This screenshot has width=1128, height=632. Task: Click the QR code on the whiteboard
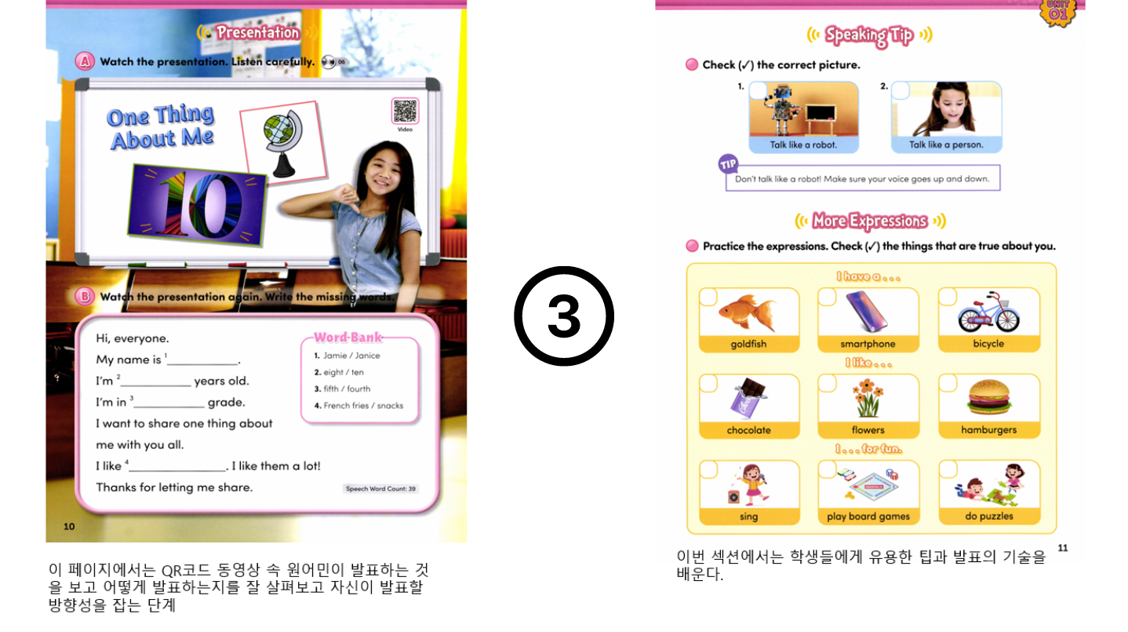click(405, 111)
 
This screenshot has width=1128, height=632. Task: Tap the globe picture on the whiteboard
click(283, 142)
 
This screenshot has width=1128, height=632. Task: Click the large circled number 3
click(564, 316)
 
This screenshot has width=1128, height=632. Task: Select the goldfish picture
click(748, 313)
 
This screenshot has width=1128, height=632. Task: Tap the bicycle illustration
click(988, 312)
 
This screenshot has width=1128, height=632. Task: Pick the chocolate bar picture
click(750, 398)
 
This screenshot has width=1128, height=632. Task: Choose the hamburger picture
click(989, 397)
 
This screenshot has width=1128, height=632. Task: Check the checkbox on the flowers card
click(828, 383)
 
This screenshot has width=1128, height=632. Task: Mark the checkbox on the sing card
click(708, 469)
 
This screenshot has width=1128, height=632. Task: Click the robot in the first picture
click(781, 111)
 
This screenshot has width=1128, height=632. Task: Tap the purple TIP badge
click(728, 164)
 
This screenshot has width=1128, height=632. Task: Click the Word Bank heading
click(347, 337)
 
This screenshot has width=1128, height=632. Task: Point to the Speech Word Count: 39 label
click(380, 488)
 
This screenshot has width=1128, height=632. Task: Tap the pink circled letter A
click(85, 61)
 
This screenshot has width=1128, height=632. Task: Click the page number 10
click(69, 527)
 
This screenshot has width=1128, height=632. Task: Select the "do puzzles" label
click(989, 516)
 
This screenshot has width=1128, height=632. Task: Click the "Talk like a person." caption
click(946, 144)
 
